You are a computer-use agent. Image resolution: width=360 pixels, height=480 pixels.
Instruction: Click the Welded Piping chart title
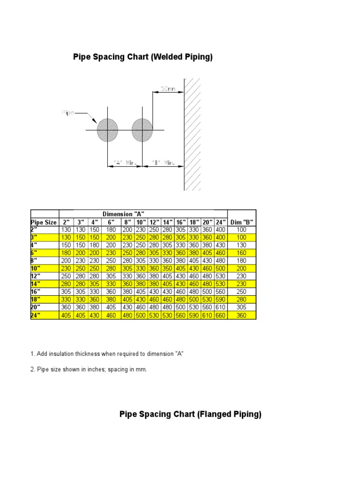tap(143, 57)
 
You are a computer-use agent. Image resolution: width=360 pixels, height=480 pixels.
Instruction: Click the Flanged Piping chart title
tap(190, 414)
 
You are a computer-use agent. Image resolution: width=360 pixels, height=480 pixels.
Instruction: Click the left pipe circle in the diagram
tap(107, 129)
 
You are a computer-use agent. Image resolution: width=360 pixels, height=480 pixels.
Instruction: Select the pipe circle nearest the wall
tap(142, 129)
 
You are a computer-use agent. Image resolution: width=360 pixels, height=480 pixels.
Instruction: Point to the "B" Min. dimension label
tap(163, 163)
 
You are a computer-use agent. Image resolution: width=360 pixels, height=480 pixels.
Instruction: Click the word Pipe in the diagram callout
tap(67, 112)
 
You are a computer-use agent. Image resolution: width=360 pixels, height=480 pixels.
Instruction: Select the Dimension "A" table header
tap(142, 214)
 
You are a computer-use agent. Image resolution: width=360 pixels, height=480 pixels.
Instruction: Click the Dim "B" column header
tap(242, 222)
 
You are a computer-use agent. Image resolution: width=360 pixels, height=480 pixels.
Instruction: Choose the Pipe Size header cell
tap(44, 222)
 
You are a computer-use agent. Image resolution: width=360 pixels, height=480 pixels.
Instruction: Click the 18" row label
tap(36, 299)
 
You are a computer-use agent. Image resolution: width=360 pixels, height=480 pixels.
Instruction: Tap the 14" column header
tap(167, 222)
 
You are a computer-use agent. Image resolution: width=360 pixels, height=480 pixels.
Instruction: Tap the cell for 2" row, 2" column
tap(66, 229)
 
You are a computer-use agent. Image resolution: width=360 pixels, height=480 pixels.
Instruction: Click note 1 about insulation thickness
tap(107, 354)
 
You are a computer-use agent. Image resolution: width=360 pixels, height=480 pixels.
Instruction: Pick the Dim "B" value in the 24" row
tap(242, 315)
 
